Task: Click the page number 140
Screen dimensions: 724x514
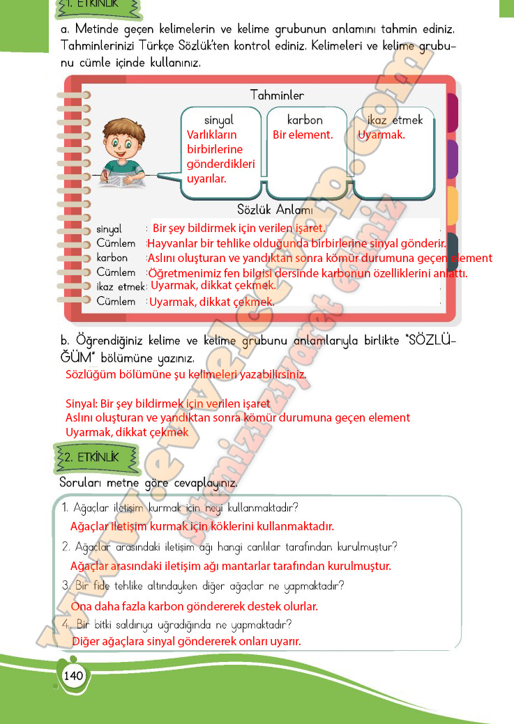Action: (x=73, y=675)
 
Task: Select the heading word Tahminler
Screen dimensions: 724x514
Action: (x=277, y=95)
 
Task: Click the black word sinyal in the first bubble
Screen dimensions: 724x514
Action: (x=219, y=120)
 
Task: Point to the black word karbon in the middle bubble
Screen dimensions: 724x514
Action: (x=305, y=120)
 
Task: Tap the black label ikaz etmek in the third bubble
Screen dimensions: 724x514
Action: (x=395, y=120)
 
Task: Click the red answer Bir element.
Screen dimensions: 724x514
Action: (x=303, y=135)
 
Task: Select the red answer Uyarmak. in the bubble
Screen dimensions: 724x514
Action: (x=381, y=135)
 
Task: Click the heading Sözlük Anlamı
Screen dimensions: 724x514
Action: (x=274, y=210)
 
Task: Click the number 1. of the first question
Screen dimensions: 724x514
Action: (x=64, y=507)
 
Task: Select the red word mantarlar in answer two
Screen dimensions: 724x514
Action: (x=248, y=566)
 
